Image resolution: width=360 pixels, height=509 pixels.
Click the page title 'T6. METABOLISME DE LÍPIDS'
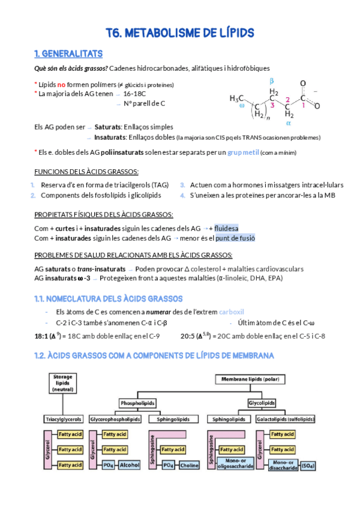coord(180,32)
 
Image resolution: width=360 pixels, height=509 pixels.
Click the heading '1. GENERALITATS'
coord(68,53)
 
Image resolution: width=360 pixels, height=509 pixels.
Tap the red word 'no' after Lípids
coord(61,85)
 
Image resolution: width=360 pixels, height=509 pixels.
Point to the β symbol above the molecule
coord(272,80)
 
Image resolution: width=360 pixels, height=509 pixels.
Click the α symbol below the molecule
coord(288,123)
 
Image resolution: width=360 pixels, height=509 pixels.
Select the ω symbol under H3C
coord(242,105)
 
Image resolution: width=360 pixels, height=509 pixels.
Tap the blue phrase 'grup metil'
coord(244,152)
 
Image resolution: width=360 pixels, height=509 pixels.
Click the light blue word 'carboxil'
coord(231,312)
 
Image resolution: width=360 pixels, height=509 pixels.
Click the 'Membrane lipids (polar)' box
coord(248,381)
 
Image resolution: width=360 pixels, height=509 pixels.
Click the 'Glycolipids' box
coord(262,403)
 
